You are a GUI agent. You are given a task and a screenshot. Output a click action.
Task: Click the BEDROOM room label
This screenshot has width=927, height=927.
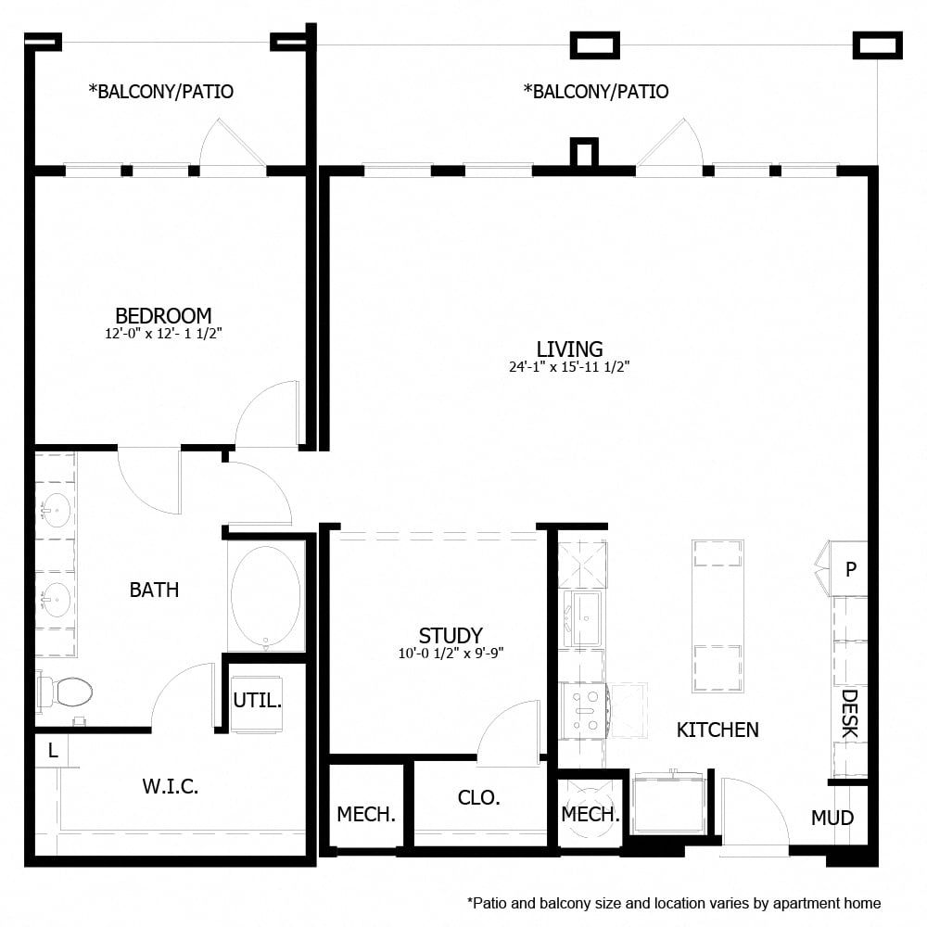163,315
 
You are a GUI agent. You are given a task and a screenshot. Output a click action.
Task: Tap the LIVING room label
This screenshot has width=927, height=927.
569,349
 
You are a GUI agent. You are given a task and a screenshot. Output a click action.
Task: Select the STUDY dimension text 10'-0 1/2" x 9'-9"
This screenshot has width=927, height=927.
450,653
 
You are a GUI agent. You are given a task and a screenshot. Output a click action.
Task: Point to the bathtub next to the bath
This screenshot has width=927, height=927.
265,594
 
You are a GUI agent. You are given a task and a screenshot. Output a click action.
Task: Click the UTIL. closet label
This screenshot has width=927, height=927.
257,701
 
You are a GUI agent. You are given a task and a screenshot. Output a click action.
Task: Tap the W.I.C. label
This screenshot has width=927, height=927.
171,787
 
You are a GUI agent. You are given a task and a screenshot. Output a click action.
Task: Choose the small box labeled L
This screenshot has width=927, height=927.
53,752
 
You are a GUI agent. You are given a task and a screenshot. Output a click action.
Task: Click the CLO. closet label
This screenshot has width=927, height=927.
479,797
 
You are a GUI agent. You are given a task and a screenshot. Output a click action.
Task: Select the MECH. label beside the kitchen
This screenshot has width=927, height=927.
590,815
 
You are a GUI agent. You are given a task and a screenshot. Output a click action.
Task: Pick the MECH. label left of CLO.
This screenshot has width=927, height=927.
366,815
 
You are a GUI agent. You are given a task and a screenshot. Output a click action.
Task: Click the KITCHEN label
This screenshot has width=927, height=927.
717,730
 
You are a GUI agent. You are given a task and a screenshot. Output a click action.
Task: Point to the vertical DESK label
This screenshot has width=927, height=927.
849,713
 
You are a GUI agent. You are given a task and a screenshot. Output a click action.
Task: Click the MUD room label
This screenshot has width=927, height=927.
832,818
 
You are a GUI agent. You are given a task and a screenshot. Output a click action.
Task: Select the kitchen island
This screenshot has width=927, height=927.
717,616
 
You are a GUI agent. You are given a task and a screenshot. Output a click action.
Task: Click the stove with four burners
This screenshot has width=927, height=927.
584,709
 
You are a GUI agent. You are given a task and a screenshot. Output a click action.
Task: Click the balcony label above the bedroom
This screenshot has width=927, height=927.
160,92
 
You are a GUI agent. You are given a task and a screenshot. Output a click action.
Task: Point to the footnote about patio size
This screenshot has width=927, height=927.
674,902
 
